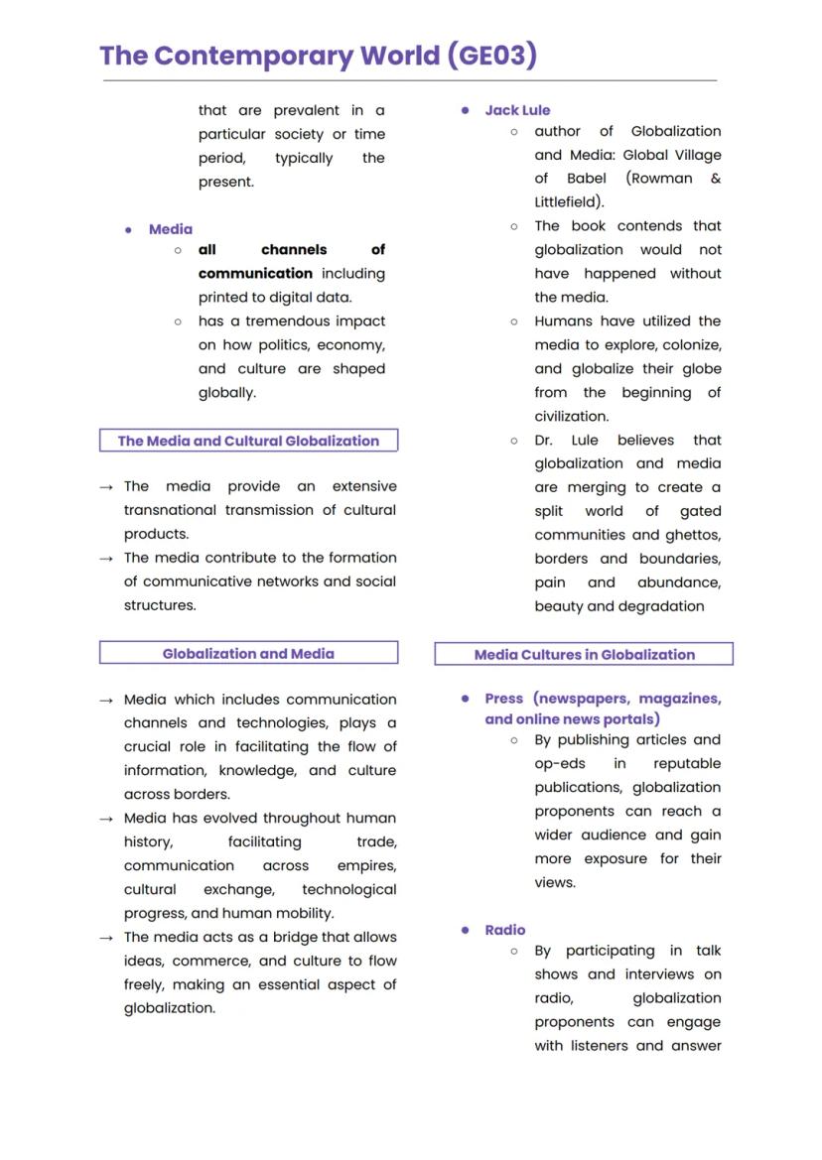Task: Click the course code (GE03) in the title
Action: point(492,55)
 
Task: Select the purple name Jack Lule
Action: point(517,110)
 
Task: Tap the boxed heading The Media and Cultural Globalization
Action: point(248,441)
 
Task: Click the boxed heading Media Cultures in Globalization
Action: point(584,654)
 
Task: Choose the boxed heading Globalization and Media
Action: point(248,653)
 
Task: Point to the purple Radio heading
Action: point(505,930)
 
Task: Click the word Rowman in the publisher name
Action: point(659,179)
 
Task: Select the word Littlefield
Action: point(567,202)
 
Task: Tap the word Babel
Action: point(587,179)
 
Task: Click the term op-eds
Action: point(560,763)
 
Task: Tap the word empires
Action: point(366,865)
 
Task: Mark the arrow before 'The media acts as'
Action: point(106,938)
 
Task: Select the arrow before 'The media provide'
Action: point(106,487)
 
